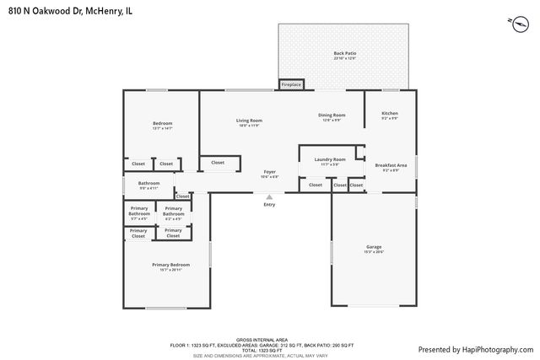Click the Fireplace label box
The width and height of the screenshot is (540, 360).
[291, 84]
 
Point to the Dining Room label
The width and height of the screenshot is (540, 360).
[332, 117]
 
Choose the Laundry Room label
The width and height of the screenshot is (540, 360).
[330, 161]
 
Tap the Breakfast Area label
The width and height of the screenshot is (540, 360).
[391, 167]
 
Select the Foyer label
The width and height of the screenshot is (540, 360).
[269, 174]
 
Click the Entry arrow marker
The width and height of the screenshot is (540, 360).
[269, 197]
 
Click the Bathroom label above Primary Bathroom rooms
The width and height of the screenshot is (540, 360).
[149, 185]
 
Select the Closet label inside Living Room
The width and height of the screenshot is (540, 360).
[218, 163]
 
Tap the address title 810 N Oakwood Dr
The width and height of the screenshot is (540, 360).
[67, 10]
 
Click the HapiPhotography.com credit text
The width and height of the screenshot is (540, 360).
[475, 348]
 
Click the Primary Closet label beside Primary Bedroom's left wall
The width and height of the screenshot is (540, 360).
[138, 233]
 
